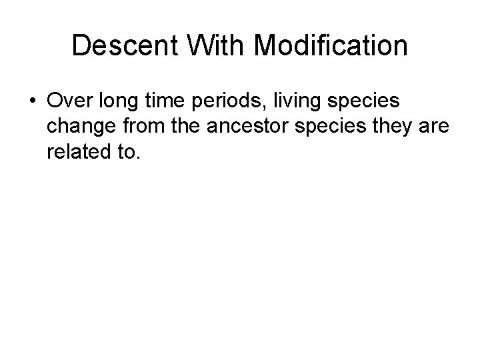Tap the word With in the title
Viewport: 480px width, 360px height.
(197, 46)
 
